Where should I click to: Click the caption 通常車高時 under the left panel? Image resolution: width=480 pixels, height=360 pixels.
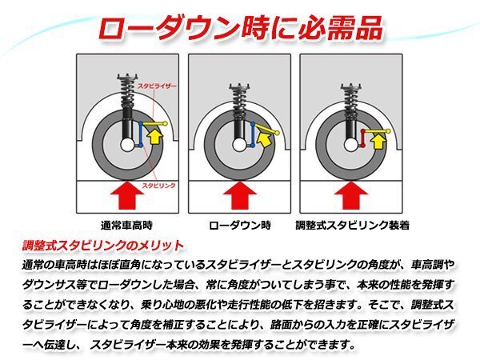pyautogui.click(x=128, y=225)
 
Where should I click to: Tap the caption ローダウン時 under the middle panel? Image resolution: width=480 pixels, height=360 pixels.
pyautogui.click(x=240, y=225)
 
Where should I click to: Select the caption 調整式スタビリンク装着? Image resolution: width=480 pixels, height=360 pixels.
pyautogui.click(x=353, y=225)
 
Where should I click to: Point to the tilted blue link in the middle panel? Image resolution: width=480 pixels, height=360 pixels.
pyautogui.click(x=255, y=137)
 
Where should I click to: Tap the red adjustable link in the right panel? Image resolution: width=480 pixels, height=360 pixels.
pyautogui.click(x=364, y=138)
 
